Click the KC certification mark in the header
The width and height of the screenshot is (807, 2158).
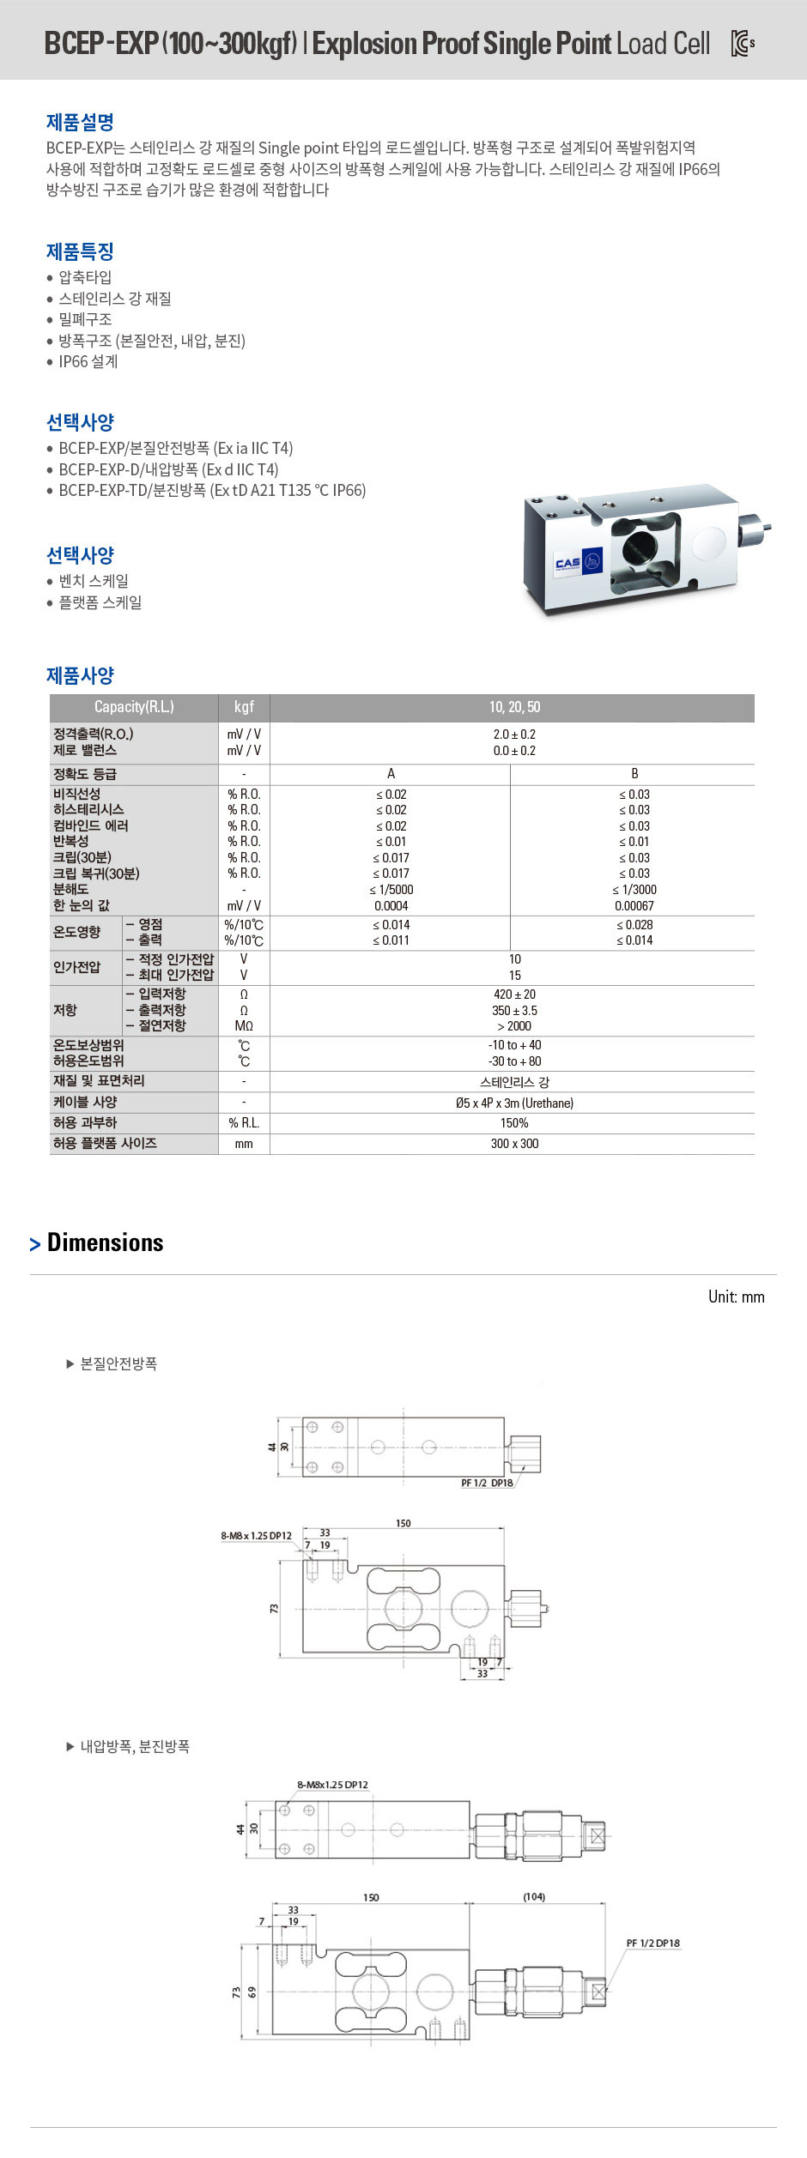742,43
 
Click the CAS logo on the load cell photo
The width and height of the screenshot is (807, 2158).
568,563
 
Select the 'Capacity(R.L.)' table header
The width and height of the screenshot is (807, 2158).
134,707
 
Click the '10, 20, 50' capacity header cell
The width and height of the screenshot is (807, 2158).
514,707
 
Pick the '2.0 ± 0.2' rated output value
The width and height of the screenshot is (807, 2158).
514,734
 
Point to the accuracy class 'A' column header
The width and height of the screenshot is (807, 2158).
391,774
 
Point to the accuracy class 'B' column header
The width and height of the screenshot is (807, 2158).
634,774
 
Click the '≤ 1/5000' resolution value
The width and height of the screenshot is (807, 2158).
391,890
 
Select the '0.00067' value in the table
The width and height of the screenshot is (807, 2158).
634,906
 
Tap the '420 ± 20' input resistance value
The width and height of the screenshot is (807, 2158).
514,994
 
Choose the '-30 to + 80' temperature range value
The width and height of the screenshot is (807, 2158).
514,1061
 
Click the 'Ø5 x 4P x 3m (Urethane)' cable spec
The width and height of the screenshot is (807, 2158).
514,1103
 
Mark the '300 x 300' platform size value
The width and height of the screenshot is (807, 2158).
514,1144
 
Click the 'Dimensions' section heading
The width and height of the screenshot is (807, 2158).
105,1242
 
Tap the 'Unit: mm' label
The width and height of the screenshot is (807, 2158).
736,1297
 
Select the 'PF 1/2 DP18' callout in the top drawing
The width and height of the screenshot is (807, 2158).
487,1484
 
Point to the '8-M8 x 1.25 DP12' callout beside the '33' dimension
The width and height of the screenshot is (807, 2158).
256,1536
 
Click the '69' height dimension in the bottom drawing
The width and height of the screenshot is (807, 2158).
252,1992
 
